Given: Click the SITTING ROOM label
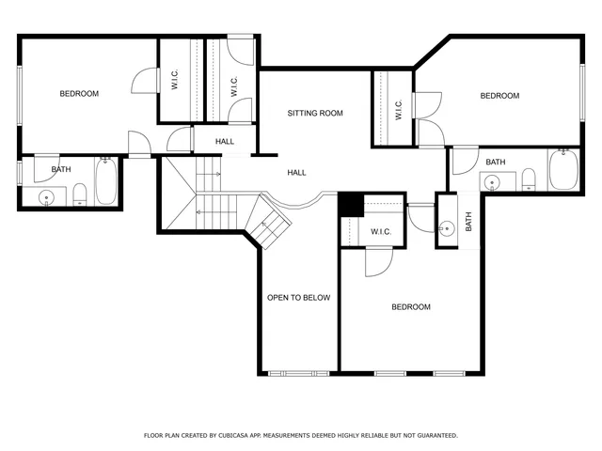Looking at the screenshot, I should click(x=315, y=113).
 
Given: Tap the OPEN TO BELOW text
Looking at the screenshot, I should click(x=298, y=298).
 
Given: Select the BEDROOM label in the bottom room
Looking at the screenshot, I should click(x=411, y=307).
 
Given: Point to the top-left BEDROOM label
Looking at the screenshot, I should click(x=79, y=93).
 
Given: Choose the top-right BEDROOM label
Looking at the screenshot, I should click(x=499, y=96).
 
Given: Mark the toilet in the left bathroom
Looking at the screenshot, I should click(x=79, y=195).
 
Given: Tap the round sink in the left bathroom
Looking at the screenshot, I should click(x=45, y=197).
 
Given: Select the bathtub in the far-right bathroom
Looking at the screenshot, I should click(x=564, y=171).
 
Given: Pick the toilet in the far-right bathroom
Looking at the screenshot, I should click(x=529, y=179).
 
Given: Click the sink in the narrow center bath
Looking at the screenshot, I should click(x=448, y=226).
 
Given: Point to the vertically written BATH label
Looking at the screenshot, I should click(x=468, y=222).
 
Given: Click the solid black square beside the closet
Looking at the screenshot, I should click(x=350, y=203).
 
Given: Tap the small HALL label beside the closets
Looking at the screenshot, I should click(x=225, y=142).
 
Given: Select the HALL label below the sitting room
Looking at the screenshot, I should click(x=296, y=172).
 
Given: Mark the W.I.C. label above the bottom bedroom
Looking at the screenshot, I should click(x=381, y=231).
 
